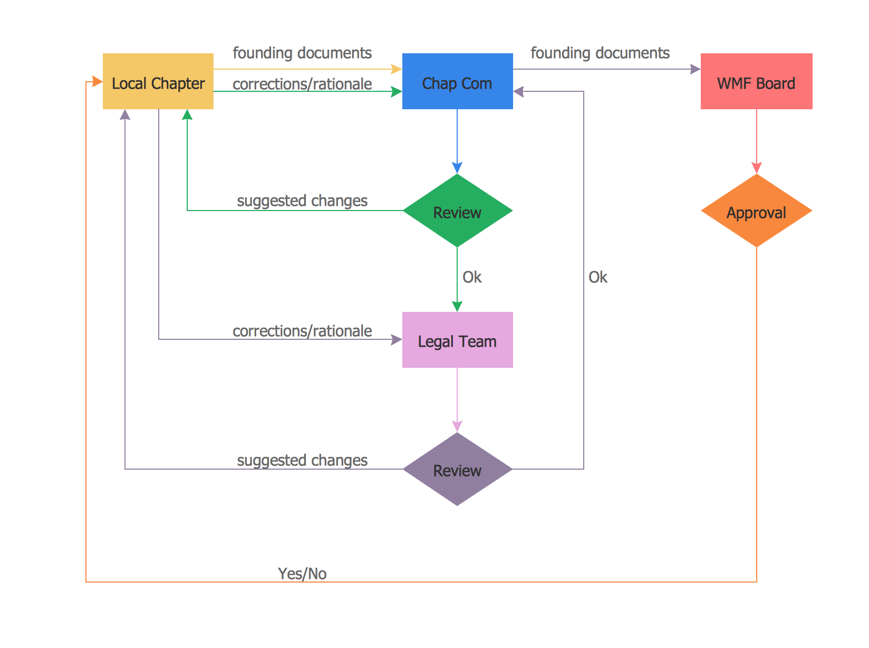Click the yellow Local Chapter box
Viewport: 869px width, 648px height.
click(x=158, y=81)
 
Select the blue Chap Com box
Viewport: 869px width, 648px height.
click(x=457, y=81)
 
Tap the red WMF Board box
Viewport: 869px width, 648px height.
click(x=756, y=81)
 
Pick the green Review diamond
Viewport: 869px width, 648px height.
click(x=457, y=211)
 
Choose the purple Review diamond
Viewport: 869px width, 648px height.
click(x=457, y=469)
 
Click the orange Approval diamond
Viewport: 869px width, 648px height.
click(x=756, y=211)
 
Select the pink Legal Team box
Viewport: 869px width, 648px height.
click(x=457, y=340)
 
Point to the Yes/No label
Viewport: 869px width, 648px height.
click(x=302, y=574)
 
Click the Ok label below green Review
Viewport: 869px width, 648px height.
click(x=472, y=277)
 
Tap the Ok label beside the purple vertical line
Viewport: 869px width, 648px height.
click(x=598, y=277)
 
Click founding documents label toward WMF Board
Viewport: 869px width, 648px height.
click(x=600, y=53)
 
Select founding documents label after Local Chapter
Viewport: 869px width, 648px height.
click(x=302, y=53)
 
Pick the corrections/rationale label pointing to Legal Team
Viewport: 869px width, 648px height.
click(x=302, y=331)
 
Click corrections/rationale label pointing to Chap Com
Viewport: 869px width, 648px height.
click(x=302, y=84)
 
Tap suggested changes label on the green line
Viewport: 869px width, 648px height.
click(x=302, y=201)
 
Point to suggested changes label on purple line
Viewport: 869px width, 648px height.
click(x=302, y=460)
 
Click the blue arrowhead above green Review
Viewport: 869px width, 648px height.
click(x=457, y=168)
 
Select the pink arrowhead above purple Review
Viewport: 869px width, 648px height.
click(x=457, y=426)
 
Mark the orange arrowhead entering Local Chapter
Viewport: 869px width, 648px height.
click(x=97, y=81)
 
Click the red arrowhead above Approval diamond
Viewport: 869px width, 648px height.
click(x=756, y=168)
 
